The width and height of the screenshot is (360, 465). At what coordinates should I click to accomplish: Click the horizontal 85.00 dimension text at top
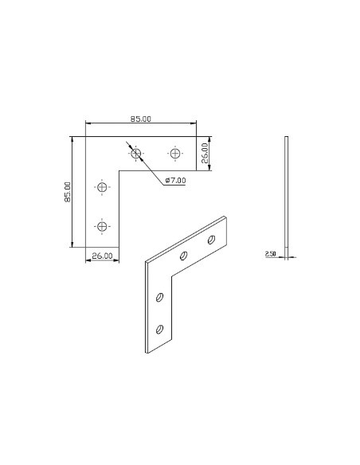141,119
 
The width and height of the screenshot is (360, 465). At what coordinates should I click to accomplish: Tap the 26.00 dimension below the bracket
101,256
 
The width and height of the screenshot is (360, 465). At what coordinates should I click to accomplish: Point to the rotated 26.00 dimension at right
205,151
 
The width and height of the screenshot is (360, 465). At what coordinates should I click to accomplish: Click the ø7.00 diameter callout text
175,181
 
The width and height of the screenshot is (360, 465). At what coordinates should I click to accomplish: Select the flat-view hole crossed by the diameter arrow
137,152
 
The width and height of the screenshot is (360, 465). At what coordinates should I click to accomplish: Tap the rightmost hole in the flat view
175,152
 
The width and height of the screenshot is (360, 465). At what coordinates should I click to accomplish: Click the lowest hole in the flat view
101,226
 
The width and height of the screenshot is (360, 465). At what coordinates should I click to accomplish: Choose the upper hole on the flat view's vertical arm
101,188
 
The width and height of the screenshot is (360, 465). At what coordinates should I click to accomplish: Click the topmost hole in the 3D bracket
212,239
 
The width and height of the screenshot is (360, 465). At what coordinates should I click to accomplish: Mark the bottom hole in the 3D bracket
160,327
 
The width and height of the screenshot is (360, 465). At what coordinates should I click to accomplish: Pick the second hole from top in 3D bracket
184,256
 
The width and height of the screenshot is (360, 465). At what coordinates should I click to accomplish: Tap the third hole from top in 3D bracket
160,298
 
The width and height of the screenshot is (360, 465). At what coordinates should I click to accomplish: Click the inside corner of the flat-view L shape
119,169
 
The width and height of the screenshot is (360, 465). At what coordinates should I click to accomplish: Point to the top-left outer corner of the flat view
84,136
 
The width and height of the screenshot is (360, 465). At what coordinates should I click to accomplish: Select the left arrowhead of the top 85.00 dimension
88,123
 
